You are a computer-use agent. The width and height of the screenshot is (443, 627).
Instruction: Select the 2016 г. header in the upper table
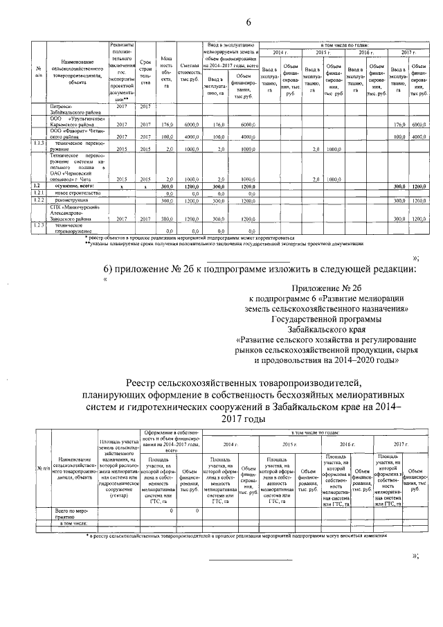[364, 52]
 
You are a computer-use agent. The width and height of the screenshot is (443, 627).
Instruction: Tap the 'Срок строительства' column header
[145, 72]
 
